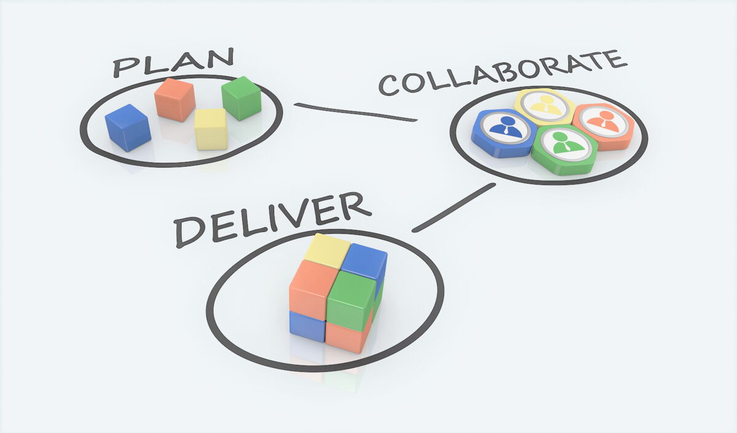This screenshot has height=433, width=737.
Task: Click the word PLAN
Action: point(174,63)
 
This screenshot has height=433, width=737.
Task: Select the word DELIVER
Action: point(273,220)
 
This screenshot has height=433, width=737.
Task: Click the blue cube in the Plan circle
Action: point(128,128)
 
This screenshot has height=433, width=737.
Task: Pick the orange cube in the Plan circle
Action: point(174,99)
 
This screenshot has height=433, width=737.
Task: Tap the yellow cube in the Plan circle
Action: point(211,129)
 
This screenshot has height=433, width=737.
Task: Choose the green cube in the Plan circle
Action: point(241,98)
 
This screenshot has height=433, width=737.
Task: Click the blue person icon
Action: point(505,128)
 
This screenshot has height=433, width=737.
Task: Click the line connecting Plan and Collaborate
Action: point(356,112)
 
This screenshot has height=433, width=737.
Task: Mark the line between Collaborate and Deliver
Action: point(454,208)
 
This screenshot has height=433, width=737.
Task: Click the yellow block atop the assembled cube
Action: point(327,251)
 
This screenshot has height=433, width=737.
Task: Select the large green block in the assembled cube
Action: point(352,301)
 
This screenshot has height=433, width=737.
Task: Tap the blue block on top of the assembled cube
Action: point(364,261)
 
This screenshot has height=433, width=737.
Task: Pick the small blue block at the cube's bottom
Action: point(307,326)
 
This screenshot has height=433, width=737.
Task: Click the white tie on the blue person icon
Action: point(505,131)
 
